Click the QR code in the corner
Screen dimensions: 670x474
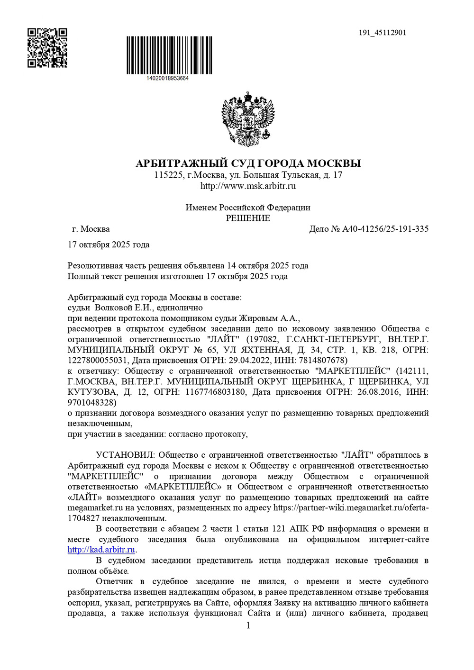pyautogui.click(x=47, y=48)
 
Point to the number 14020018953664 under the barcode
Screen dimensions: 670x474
pyautogui.click(x=168, y=78)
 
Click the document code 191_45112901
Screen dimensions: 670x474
pyautogui.click(x=382, y=33)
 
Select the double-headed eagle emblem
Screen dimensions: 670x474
pyautogui.click(x=248, y=119)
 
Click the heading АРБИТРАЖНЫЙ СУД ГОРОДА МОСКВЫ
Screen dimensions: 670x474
pyautogui.click(x=248, y=163)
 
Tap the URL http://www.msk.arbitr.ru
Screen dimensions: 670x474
pyautogui.click(x=248, y=186)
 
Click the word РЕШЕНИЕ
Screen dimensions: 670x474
pyautogui.click(x=248, y=218)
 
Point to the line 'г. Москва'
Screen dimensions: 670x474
pyautogui.click(x=91, y=229)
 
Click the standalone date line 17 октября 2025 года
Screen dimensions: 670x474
pyautogui.click(x=109, y=244)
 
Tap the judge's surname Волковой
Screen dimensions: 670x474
pyautogui.click(x=114, y=308)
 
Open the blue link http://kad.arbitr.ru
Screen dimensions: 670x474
pyautogui.click(x=101, y=550)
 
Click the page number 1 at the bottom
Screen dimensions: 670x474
pyautogui.click(x=248, y=625)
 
